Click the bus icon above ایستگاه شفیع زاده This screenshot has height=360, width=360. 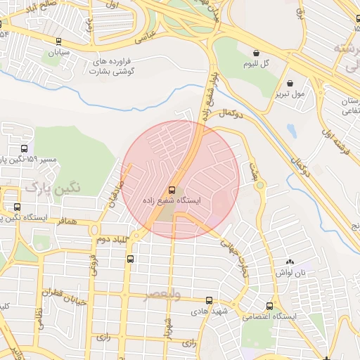(172, 190)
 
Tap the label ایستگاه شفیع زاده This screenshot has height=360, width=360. (172, 201)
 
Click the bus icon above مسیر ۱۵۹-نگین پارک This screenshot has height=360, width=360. (25, 149)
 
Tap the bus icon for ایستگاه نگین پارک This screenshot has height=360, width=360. (17, 207)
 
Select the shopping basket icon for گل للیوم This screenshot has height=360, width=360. (256, 53)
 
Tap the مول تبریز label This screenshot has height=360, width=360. (290, 93)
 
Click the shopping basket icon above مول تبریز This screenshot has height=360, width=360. (290, 82)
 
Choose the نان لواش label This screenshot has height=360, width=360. (290, 271)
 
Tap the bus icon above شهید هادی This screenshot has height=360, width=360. (209, 300)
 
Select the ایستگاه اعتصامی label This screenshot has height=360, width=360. (270, 317)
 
